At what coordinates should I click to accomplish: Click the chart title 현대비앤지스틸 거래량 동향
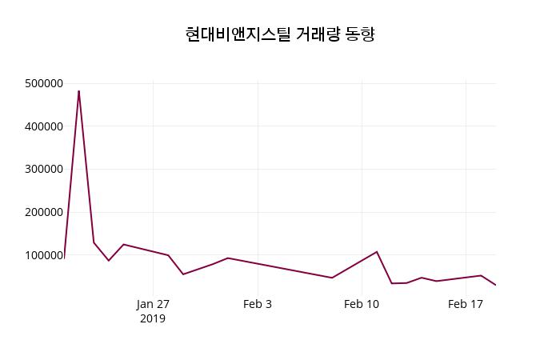(280, 34)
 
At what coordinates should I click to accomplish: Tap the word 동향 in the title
(360, 34)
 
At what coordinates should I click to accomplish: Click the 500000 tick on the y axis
(44, 83)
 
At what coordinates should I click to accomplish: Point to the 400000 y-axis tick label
(44, 126)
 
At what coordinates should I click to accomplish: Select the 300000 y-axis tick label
(44, 170)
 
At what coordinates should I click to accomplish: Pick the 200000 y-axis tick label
(44, 213)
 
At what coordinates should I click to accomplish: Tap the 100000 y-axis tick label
(44, 255)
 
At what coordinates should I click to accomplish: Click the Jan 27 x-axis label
(153, 304)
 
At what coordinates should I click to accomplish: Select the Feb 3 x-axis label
(258, 304)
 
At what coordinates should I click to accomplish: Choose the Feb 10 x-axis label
(362, 304)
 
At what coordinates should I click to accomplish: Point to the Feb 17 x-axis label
(466, 304)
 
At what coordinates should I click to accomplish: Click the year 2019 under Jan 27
(153, 318)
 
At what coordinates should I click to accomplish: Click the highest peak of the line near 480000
(78, 91)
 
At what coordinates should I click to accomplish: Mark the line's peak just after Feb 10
(377, 252)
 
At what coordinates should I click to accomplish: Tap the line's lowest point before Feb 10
(332, 278)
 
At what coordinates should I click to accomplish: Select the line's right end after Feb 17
(495, 285)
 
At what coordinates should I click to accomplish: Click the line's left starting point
(65, 256)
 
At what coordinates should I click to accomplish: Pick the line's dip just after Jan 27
(183, 274)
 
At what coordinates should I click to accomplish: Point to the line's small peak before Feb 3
(228, 258)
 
